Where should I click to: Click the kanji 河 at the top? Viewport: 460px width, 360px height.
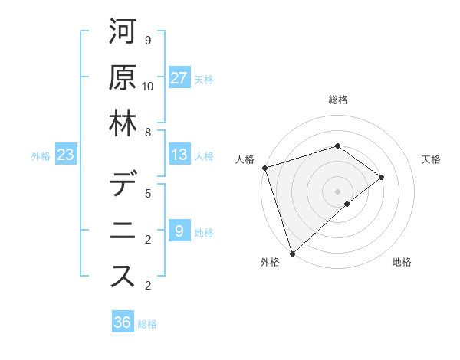coord(123,32)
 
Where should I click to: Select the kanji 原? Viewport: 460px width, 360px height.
coord(123,77)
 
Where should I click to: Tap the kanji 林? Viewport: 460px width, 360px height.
coord(123,123)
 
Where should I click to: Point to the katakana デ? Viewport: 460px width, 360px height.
coord(123,187)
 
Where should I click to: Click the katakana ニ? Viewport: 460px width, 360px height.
coord(123,231)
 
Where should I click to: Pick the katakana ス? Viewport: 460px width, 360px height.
coord(123,277)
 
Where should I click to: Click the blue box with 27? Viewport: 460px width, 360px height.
coord(179,78)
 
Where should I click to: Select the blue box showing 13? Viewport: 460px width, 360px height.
coord(179,155)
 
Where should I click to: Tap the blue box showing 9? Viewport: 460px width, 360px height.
coord(179,231)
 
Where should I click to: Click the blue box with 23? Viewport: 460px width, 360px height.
coord(65,155)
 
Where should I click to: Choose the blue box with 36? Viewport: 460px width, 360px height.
coord(122,322)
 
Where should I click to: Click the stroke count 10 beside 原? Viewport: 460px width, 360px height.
coord(148,86)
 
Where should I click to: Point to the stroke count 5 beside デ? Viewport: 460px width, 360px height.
coord(148,194)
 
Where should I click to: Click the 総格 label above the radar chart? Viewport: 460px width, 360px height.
coord(338,100)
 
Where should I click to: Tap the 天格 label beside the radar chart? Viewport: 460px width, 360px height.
coord(432,159)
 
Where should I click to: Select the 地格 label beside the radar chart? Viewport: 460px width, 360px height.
coord(402,262)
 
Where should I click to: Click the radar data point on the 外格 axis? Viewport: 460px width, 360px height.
coord(292,252)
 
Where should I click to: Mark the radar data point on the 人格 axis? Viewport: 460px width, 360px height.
coord(264,167)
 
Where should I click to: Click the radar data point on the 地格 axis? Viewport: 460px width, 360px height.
coord(347,204)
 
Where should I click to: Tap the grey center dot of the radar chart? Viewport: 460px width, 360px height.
coord(338,191)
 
